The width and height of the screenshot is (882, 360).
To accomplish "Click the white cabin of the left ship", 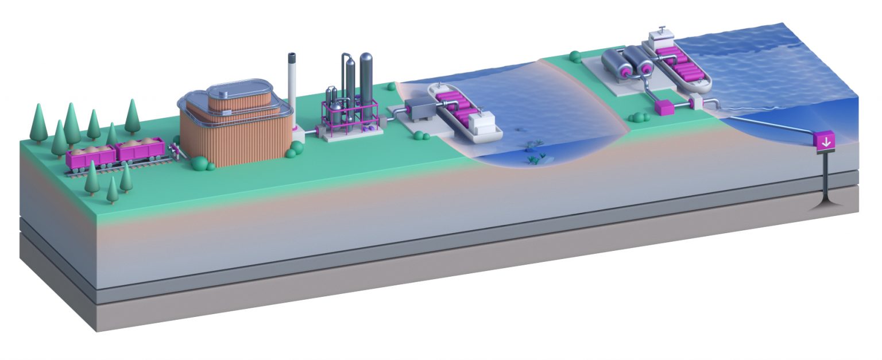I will click(x=481, y=123).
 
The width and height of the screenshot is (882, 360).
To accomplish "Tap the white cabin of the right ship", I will click(x=661, y=40).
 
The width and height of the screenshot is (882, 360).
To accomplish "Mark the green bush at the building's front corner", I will click(x=200, y=164).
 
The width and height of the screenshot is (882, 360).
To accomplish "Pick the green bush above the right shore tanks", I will click(x=574, y=56).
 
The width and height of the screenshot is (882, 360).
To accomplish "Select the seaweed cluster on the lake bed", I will click(x=537, y=156).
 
